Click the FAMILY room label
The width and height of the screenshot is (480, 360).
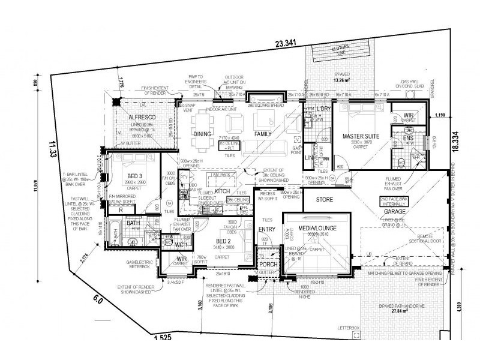pyautogui.click(x=264, y=133)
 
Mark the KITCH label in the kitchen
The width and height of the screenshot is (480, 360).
pyautogui.click(x=223, y=190)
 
